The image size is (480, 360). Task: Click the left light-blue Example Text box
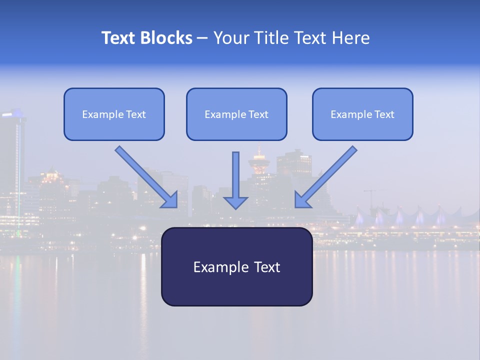pos(114,114)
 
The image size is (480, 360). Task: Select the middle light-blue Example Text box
pos(236,114)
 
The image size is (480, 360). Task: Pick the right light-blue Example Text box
pos(362,114)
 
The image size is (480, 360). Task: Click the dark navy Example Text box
pos(236,266)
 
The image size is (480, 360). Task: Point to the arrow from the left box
pos(145,176)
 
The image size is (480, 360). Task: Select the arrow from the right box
pos(327,176)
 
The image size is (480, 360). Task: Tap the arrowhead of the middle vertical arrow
pos(235,202)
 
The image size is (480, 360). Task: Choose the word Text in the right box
pos(384,114)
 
